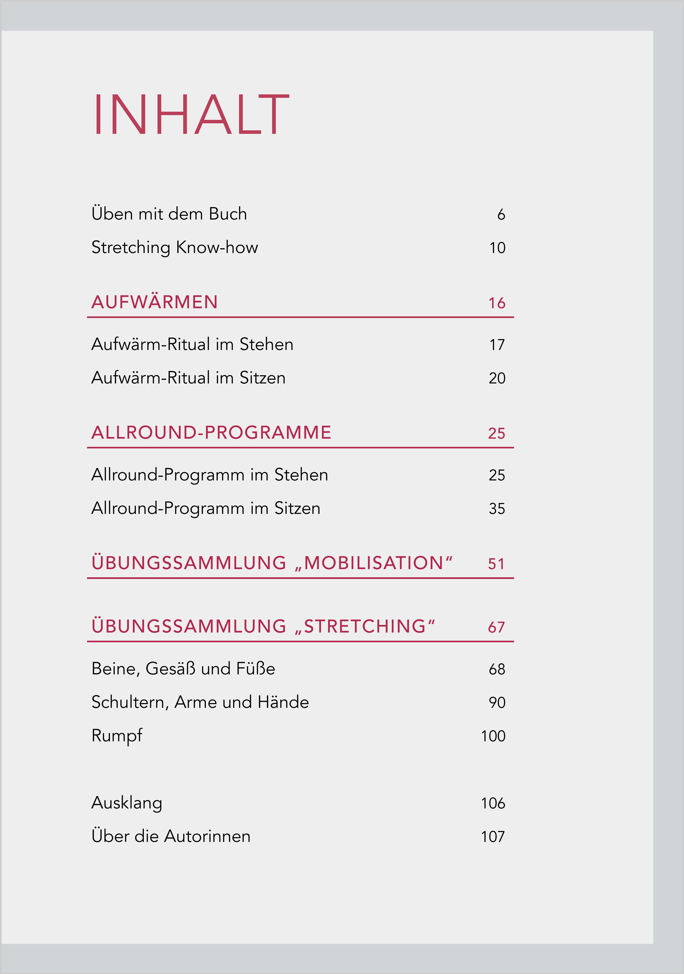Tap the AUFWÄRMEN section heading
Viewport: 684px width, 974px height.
154,302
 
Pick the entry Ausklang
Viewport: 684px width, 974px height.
127,803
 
